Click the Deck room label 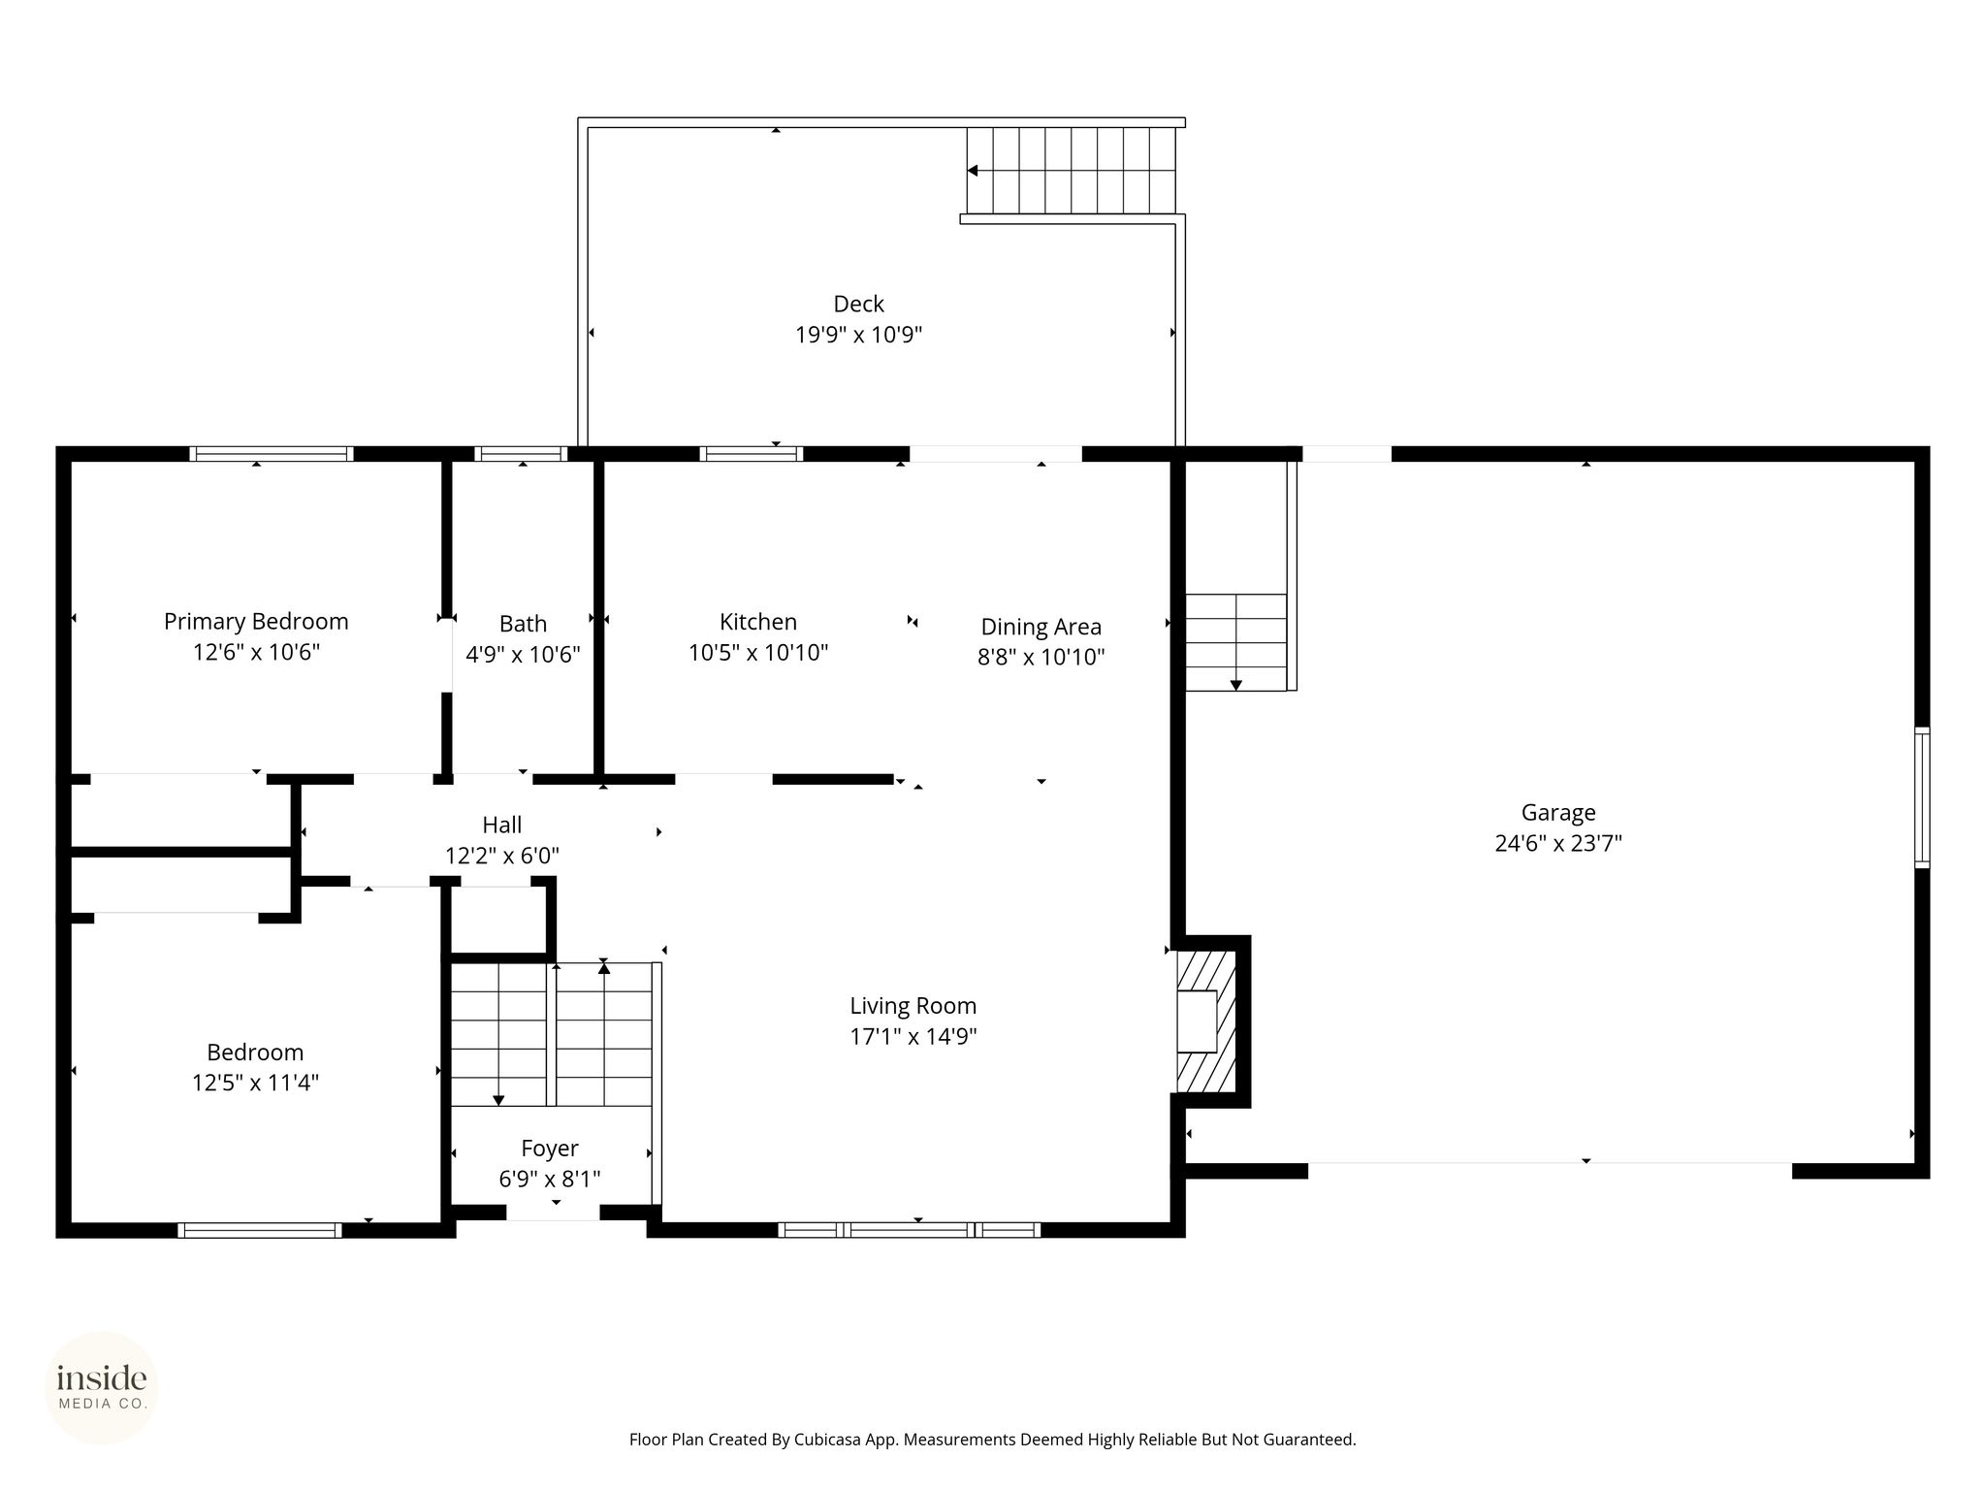point(858,305)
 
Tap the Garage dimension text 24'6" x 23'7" point(1558,843)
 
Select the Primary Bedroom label point(256,622)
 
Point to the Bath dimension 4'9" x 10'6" point(523,655)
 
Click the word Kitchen point(758,622)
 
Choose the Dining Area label point(1041,628)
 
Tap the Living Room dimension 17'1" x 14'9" point(913,1036)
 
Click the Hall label point(502,825)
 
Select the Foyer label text point(550,1149)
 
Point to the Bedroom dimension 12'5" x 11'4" point(255,1083)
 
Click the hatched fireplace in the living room point(1206,1021)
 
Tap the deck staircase point(1071,171)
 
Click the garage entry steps point(1236,642)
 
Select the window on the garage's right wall point(1922,797)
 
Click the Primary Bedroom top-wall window point(272,453)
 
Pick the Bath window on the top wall point(521,453)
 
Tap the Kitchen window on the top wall point(752,453)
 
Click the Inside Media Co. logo point(102,1387)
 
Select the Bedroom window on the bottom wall point(260,1230)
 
